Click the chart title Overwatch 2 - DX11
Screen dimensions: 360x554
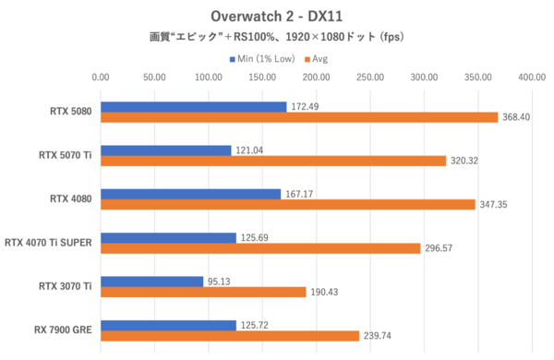tap(276, 16)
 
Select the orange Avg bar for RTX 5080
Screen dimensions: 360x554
tap(299, 117)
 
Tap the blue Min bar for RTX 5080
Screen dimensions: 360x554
tap(194, 107)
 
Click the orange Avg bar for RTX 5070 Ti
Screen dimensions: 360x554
tap(273, 161)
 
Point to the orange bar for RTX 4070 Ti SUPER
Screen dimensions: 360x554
tap(260, 248)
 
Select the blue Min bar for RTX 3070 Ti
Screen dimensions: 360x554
tap(152, 282)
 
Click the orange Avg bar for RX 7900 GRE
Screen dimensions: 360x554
tap(230, 336)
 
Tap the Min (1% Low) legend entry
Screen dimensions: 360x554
tap(264, 58)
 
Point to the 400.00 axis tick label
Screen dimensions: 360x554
tap(533, 78)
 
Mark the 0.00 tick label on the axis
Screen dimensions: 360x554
tap(101, 78)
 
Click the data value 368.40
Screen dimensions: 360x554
tap(518, 117)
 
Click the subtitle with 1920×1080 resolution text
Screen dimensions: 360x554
tap(276, 38)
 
